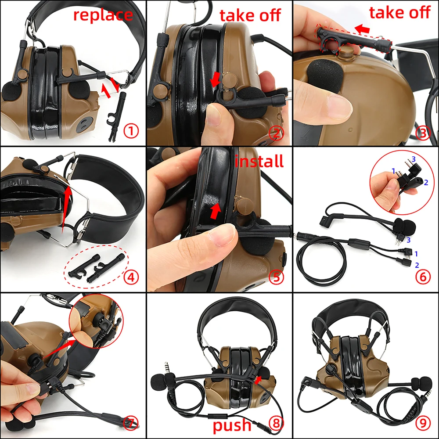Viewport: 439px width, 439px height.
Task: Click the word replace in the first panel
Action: coord(103,14)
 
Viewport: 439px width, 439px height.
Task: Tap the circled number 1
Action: coord(131,131)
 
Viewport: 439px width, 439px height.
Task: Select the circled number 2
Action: coord(277,132)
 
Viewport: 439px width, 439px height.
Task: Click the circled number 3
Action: coord(423,132)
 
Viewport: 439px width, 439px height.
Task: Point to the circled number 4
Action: coord(131,277)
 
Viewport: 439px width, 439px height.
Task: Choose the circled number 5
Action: coord(277,277)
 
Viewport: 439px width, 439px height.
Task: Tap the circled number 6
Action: coord(423,277)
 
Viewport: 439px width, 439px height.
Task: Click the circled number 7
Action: coord(131,423)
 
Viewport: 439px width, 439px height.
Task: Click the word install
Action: coord(259,161)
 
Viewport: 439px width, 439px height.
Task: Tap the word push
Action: coord(232,425)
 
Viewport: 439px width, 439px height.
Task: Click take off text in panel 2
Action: coord(250,15)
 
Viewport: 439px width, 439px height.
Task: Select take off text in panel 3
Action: coord(399,13)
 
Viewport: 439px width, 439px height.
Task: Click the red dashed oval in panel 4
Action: coord(97,266)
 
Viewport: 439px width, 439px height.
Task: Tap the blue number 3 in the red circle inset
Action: coord(413,159)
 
